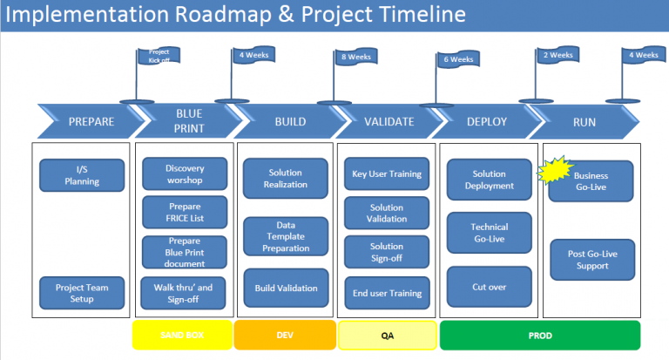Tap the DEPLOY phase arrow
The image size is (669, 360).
487,121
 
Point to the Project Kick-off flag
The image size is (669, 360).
159,57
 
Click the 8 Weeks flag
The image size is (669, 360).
355,58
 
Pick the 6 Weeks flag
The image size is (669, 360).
457,59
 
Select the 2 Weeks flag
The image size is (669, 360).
557,55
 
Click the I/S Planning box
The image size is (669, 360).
83,175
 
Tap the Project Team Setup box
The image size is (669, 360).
83,292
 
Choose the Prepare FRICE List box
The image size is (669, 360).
184,213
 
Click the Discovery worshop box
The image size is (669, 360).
184,173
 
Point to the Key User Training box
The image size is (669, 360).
387,173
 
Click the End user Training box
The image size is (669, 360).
387,292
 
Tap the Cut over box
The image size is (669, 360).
489,287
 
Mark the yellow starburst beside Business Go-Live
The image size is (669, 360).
555,171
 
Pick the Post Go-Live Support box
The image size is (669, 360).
592,259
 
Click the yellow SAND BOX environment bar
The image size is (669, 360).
181,336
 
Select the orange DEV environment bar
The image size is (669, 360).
285,336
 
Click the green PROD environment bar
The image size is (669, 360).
539,336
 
